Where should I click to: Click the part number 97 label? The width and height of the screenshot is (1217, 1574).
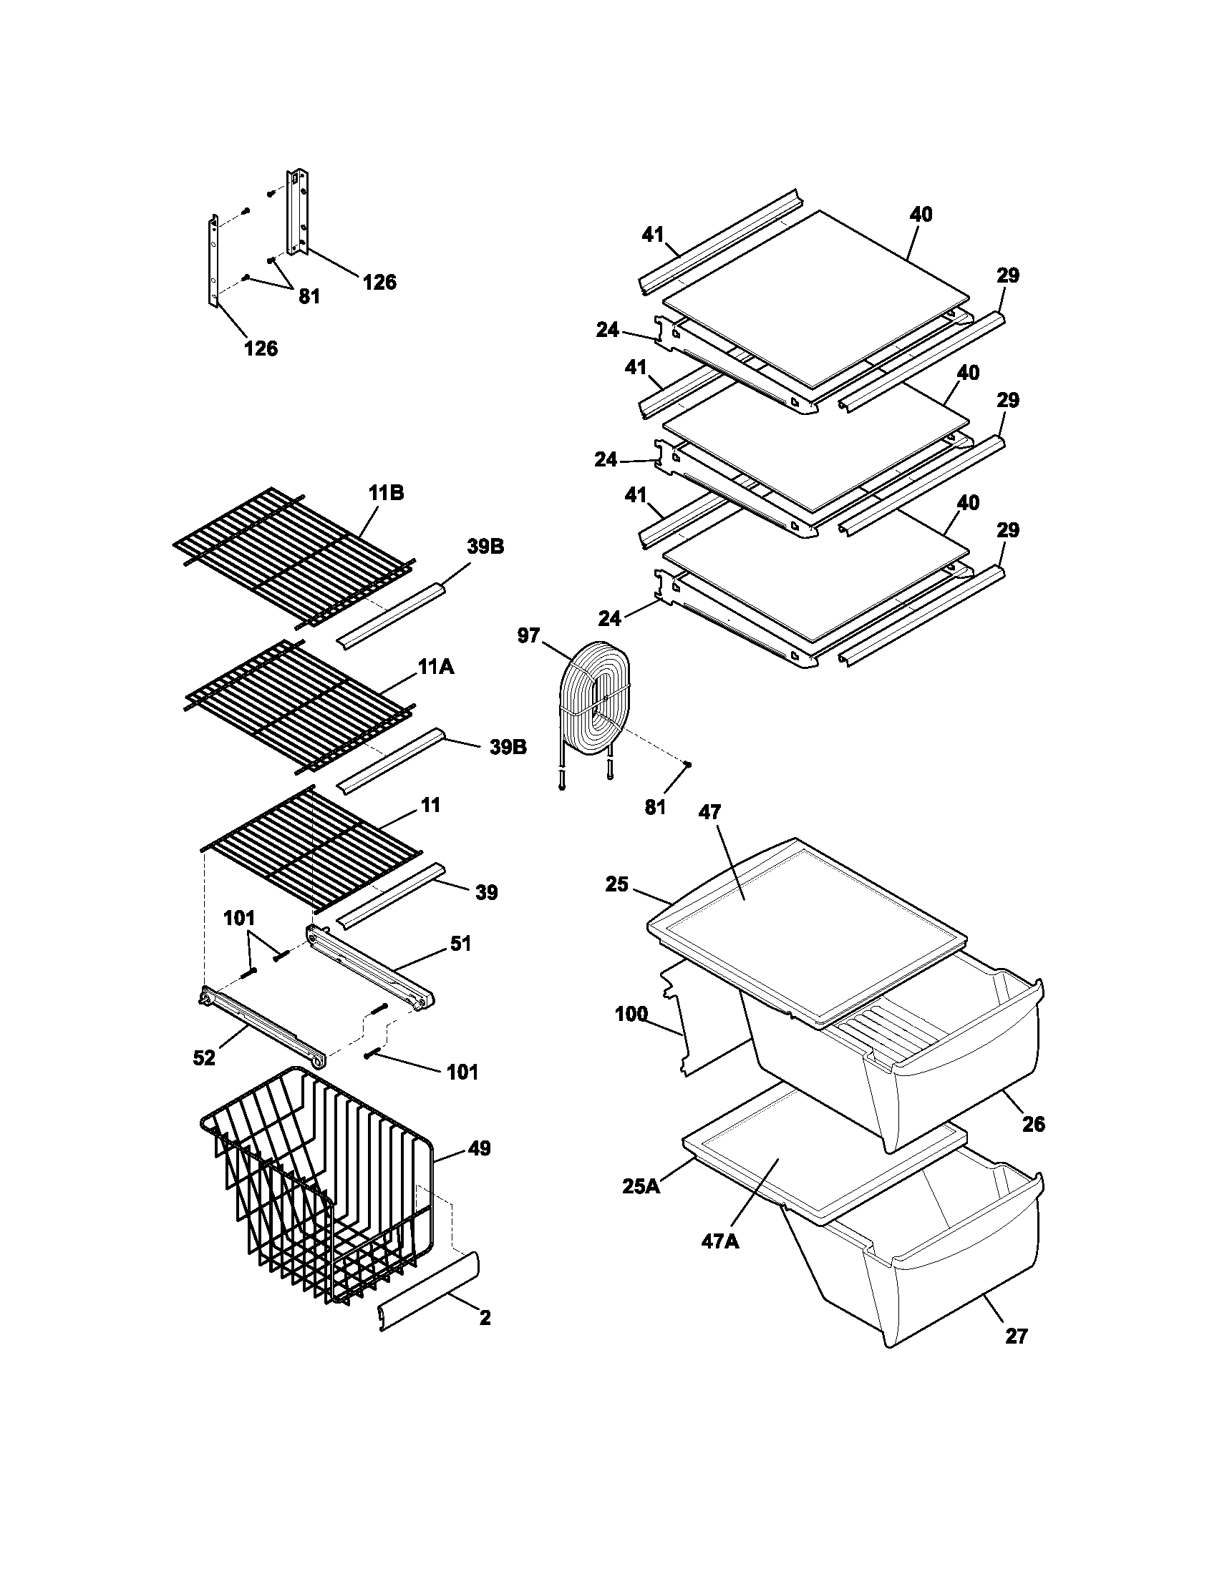coord(528,635)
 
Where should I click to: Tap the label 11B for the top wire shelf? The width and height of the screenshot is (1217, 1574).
coord(386,493)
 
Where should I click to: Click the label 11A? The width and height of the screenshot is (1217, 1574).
coord(435,668)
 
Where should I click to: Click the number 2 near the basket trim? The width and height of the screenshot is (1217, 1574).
coord(485,1317)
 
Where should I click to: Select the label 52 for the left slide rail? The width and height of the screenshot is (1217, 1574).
coord(204,1057)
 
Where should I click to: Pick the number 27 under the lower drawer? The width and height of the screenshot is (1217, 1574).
coord(1016,1336)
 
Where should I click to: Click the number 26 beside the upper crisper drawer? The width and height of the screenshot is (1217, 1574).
coord(1033,1123)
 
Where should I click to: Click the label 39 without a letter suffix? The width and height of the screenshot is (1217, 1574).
coord(487,892)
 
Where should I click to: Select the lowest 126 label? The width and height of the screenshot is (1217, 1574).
coord(261,348)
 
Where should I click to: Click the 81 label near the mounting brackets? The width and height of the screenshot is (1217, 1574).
coord(309,295)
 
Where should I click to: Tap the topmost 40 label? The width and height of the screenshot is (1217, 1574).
coord(921,214)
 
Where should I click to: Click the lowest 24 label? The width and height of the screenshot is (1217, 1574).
coord(609,617)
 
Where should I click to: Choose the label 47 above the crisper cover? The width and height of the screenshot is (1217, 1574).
coord(709,812)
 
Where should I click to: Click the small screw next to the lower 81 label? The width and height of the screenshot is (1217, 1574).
coord(689,764)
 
